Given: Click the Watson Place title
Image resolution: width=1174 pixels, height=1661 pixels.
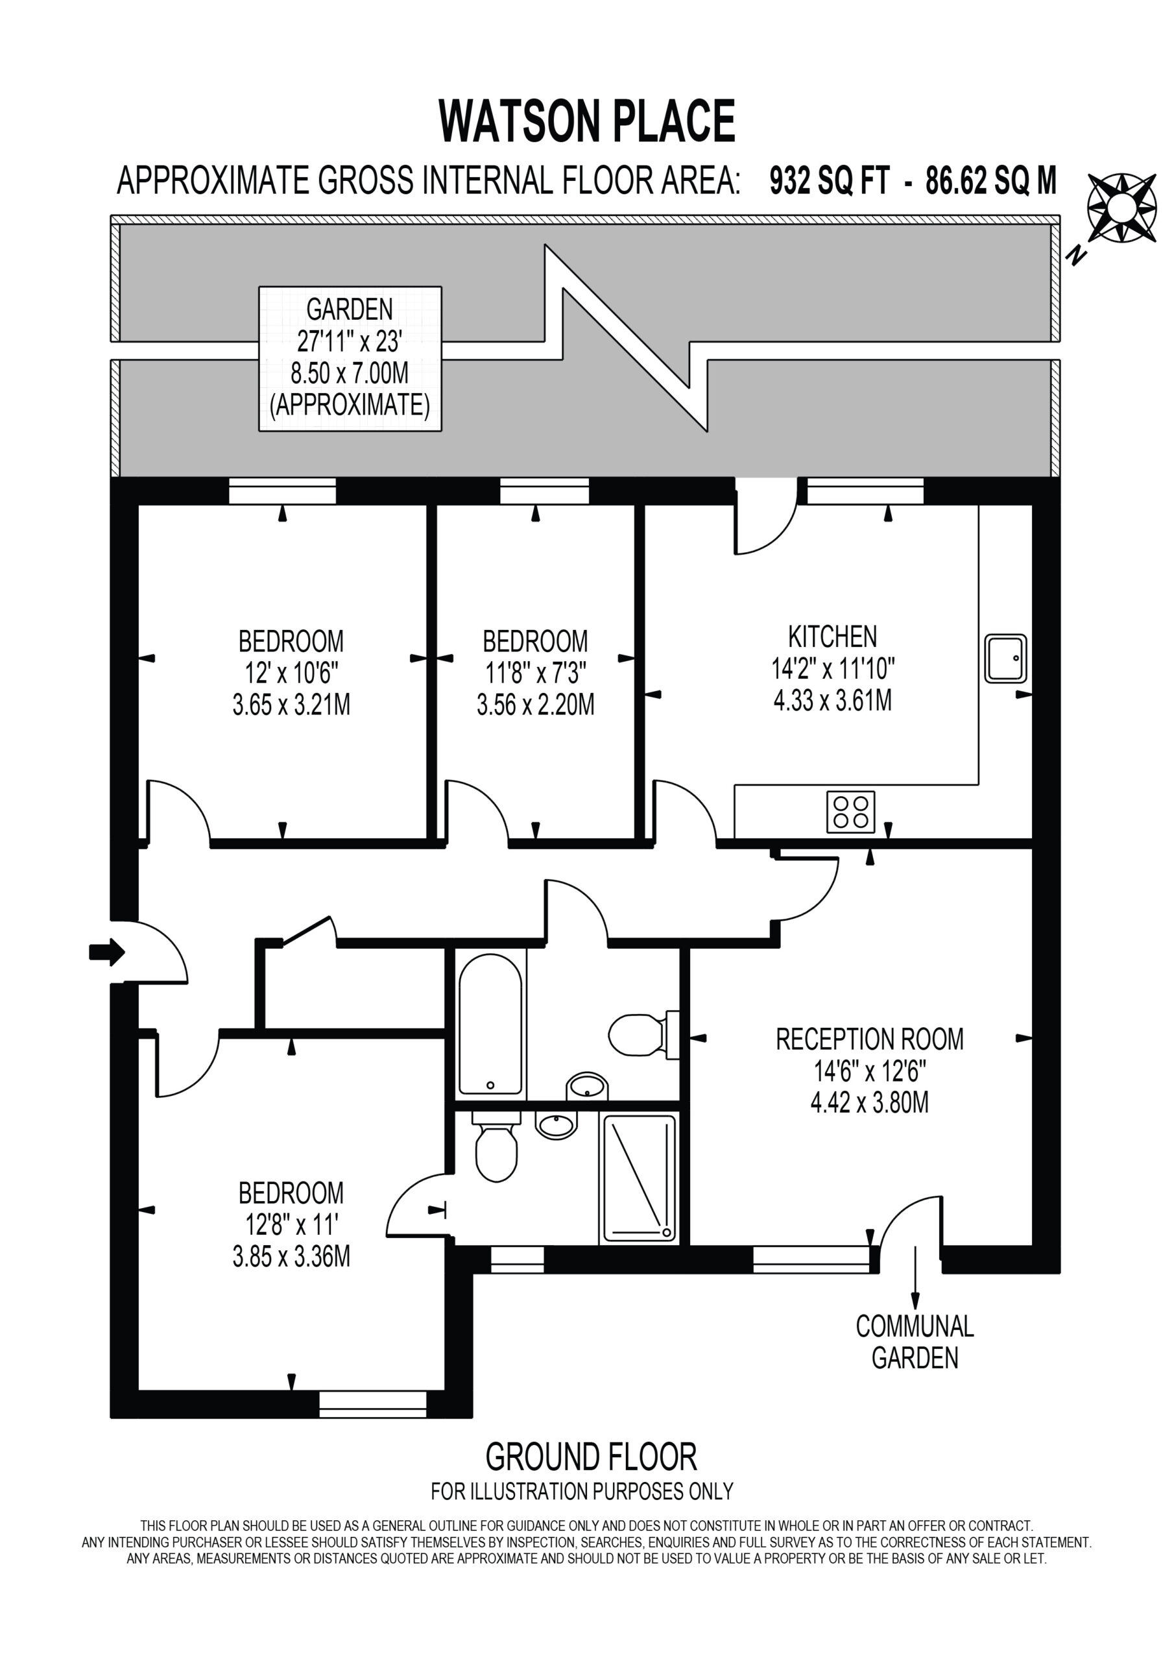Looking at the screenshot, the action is tap(586, 121).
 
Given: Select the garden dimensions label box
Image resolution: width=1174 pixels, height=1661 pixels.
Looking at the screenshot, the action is tap(350, 359).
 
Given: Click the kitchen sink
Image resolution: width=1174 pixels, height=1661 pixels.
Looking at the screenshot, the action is tap(1005, 659).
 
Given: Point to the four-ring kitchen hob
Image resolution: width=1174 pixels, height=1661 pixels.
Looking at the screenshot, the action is tap(850, 812).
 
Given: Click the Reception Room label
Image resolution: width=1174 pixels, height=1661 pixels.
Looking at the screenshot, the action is tap(869, 1039).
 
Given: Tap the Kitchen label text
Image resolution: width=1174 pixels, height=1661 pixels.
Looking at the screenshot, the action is tap(833, 637).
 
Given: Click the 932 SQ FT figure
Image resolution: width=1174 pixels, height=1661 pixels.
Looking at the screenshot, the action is tap(829, 181).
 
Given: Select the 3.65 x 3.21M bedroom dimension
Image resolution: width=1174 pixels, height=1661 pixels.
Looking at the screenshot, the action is tap(291, 705).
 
